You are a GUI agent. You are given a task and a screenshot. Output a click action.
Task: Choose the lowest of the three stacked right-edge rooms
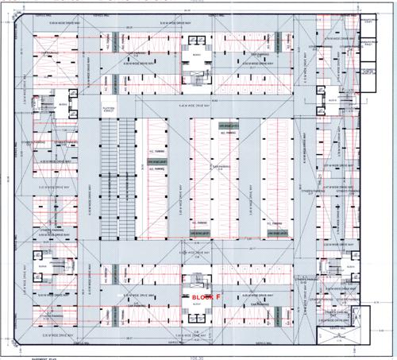(x=371, y=72)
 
